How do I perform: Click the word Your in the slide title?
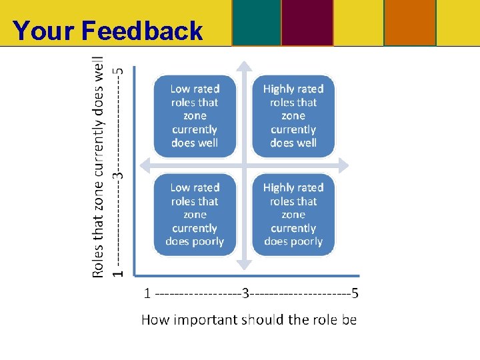tap(44, 31)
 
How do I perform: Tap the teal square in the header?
tap(256, 22)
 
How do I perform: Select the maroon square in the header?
tap(307, 22)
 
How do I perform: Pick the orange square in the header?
tap(409, 22)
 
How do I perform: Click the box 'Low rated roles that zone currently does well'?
tap(195, 116)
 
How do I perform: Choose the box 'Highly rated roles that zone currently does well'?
tap(293, 116)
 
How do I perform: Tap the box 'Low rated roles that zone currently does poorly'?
tap(195, 215)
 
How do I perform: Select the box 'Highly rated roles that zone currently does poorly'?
tap(293, 215)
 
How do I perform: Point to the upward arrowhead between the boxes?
tap(245, 67)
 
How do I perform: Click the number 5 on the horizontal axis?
tap(355, 293)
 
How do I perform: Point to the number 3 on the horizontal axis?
tap(245, 293)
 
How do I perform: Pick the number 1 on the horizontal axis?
tap(147, 293)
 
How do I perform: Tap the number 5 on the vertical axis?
tap(119, 69)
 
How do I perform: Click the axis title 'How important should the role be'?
tap(249, 320)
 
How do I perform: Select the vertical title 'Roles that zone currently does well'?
tap(98, 166)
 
